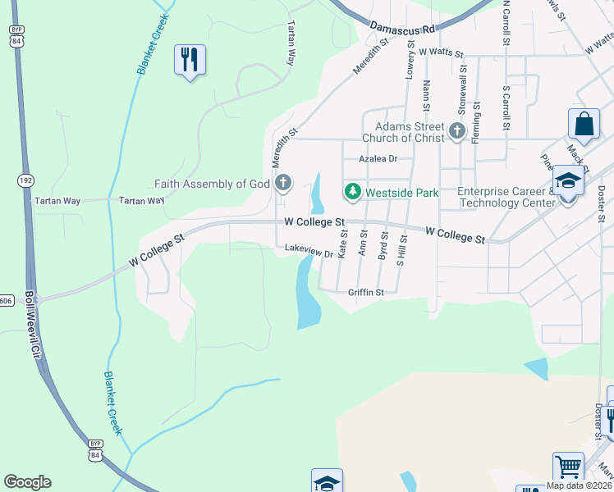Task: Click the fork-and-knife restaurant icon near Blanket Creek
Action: click(190, 59)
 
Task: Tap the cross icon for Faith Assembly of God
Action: click(283, 182)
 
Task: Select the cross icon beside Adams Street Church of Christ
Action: click(457, 130)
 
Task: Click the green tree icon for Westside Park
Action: click(353, 192)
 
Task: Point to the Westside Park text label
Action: click(401, 193)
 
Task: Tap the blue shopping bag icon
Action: click(584, 125)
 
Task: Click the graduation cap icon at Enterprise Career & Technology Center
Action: click(568, 180)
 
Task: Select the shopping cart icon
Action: click(567, 467)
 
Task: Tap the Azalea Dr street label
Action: click(378, 159)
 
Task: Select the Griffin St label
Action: click(366, 292)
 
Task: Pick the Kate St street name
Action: click(343, 244)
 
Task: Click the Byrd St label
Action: click(383, 244)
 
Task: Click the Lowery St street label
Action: click(410, 58)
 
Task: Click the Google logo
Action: click(27, 482)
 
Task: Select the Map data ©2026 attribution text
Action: click(579, 485)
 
